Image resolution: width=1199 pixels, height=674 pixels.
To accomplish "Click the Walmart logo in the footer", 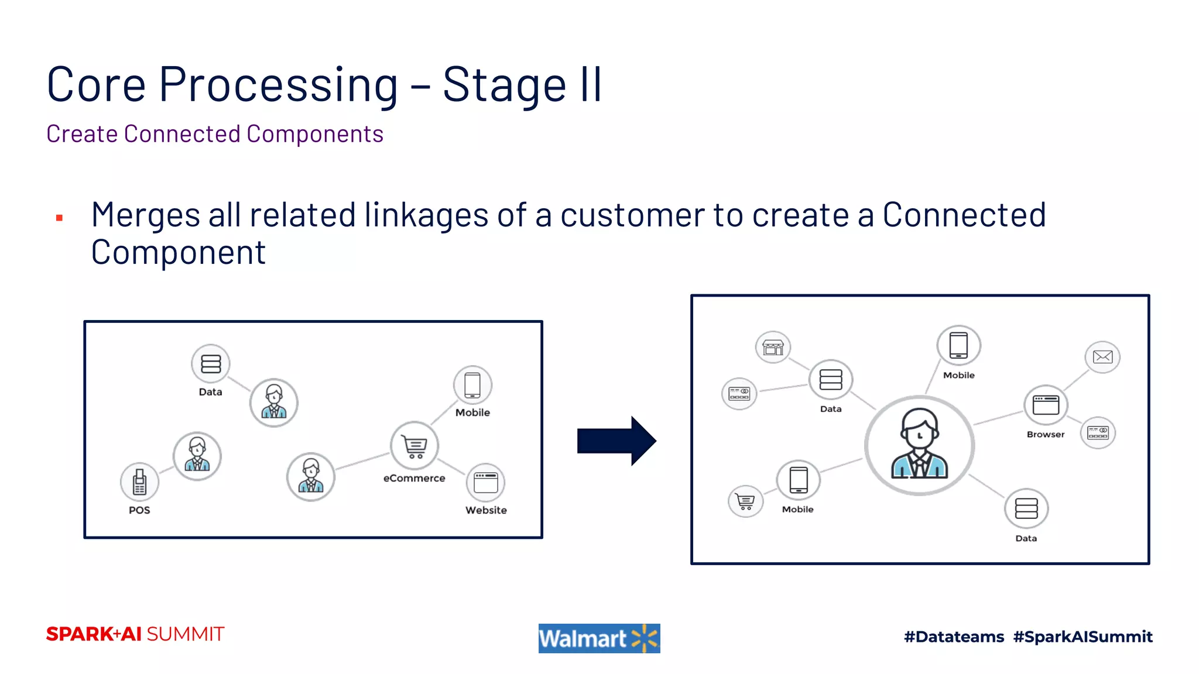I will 599,638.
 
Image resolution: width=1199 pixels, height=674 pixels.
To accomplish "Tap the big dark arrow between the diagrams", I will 616,441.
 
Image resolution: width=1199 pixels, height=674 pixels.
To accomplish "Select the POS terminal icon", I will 139,482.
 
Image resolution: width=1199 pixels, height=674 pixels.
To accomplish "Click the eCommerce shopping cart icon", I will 414,446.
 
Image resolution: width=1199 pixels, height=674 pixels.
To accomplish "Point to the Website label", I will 486,510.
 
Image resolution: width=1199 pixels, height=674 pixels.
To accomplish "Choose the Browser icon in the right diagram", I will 1046,405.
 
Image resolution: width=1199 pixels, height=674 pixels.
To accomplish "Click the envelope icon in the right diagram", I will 1102,357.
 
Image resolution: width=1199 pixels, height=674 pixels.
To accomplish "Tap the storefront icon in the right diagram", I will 773,348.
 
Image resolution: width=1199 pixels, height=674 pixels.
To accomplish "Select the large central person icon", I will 919,446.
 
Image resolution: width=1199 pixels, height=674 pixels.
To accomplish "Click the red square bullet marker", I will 59,218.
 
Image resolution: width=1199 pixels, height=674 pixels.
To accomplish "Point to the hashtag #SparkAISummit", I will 1082,637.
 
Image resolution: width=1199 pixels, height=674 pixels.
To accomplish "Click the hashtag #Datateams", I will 954,637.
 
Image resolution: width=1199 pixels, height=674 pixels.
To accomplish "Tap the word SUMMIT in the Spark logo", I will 185,634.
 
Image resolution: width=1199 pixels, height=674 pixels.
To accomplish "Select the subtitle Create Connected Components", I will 215,134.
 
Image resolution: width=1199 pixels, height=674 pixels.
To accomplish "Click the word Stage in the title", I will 504,85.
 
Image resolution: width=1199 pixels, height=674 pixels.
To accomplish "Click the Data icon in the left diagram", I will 211,363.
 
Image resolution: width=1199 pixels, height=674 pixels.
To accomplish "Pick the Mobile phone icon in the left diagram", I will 472,386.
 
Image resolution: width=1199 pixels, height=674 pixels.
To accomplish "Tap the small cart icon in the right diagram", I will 745,501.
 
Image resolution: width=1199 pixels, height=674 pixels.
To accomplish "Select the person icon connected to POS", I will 197,456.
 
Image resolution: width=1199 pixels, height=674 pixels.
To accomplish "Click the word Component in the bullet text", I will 179,252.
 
